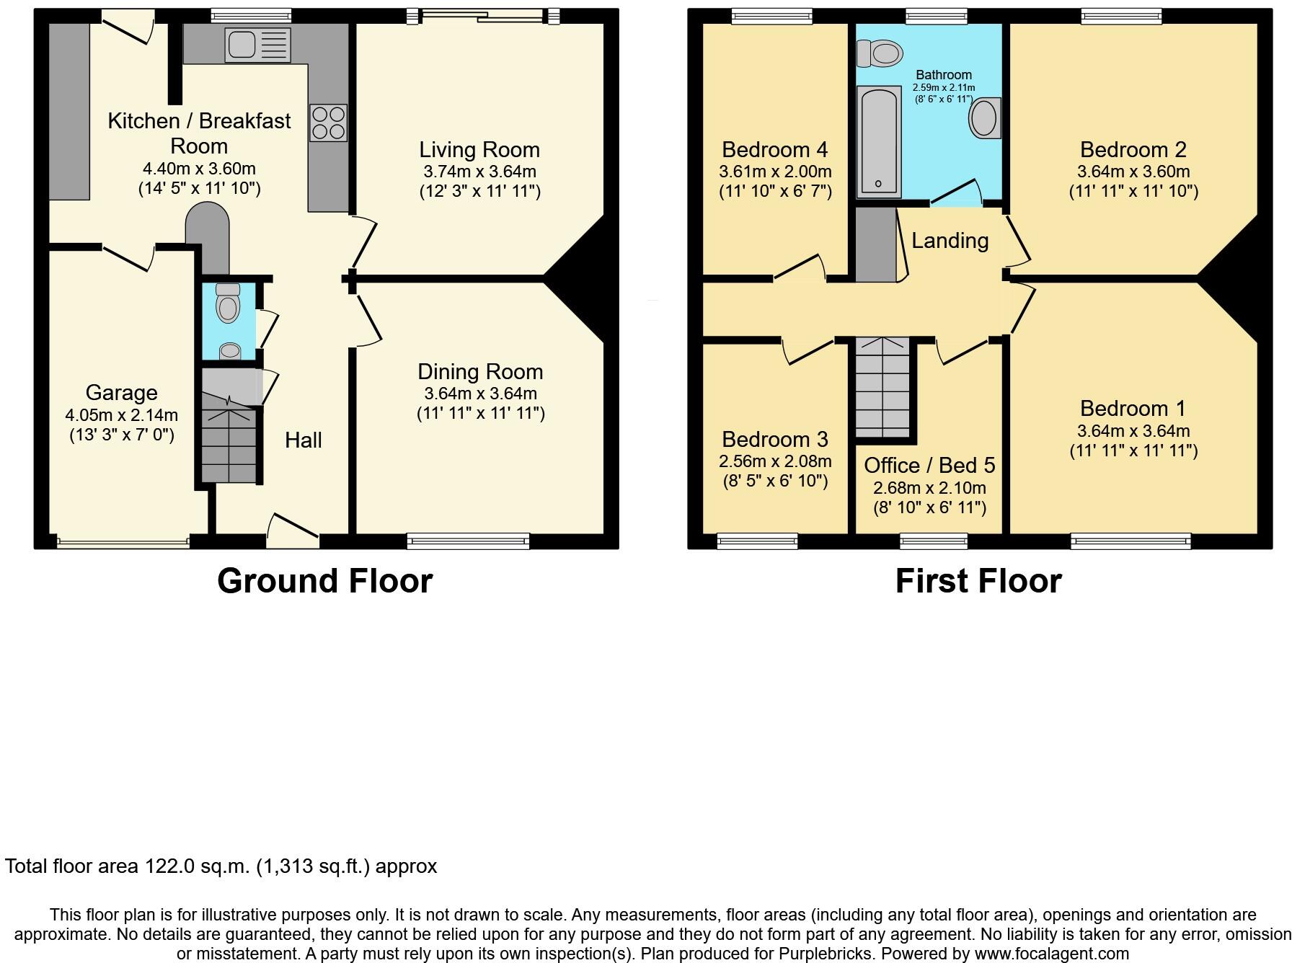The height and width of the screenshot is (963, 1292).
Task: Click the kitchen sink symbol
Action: [x=257, y=45]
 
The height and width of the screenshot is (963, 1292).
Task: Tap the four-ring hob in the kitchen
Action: [x=329, y=123]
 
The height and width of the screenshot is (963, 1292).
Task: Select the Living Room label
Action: [x=479, y=150]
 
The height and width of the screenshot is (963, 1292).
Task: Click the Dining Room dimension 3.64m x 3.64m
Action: [x=480, y=394]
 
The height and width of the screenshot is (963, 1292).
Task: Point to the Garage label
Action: [x=121, y=393]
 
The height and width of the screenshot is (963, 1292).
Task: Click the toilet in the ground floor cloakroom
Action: [x=228, y=303]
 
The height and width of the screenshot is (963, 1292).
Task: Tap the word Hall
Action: [x=303, y=440]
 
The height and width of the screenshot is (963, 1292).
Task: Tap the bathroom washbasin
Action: [x=984, y=118]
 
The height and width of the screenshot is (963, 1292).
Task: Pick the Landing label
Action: [x=950, y=241]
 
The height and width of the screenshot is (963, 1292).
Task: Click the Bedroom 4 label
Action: [x=774, y=150]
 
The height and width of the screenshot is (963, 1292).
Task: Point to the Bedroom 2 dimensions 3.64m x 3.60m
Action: [x=1133, y=172]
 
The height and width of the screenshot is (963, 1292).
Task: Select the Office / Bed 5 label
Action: [x=929, y=466]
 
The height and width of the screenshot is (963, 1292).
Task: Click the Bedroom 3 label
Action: [x=774, y=440]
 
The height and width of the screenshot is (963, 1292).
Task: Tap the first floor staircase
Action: [x=882, y=389]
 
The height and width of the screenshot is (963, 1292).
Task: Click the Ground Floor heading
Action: [x=324, y=581]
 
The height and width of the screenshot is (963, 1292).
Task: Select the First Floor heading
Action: [x=978, y=581]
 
